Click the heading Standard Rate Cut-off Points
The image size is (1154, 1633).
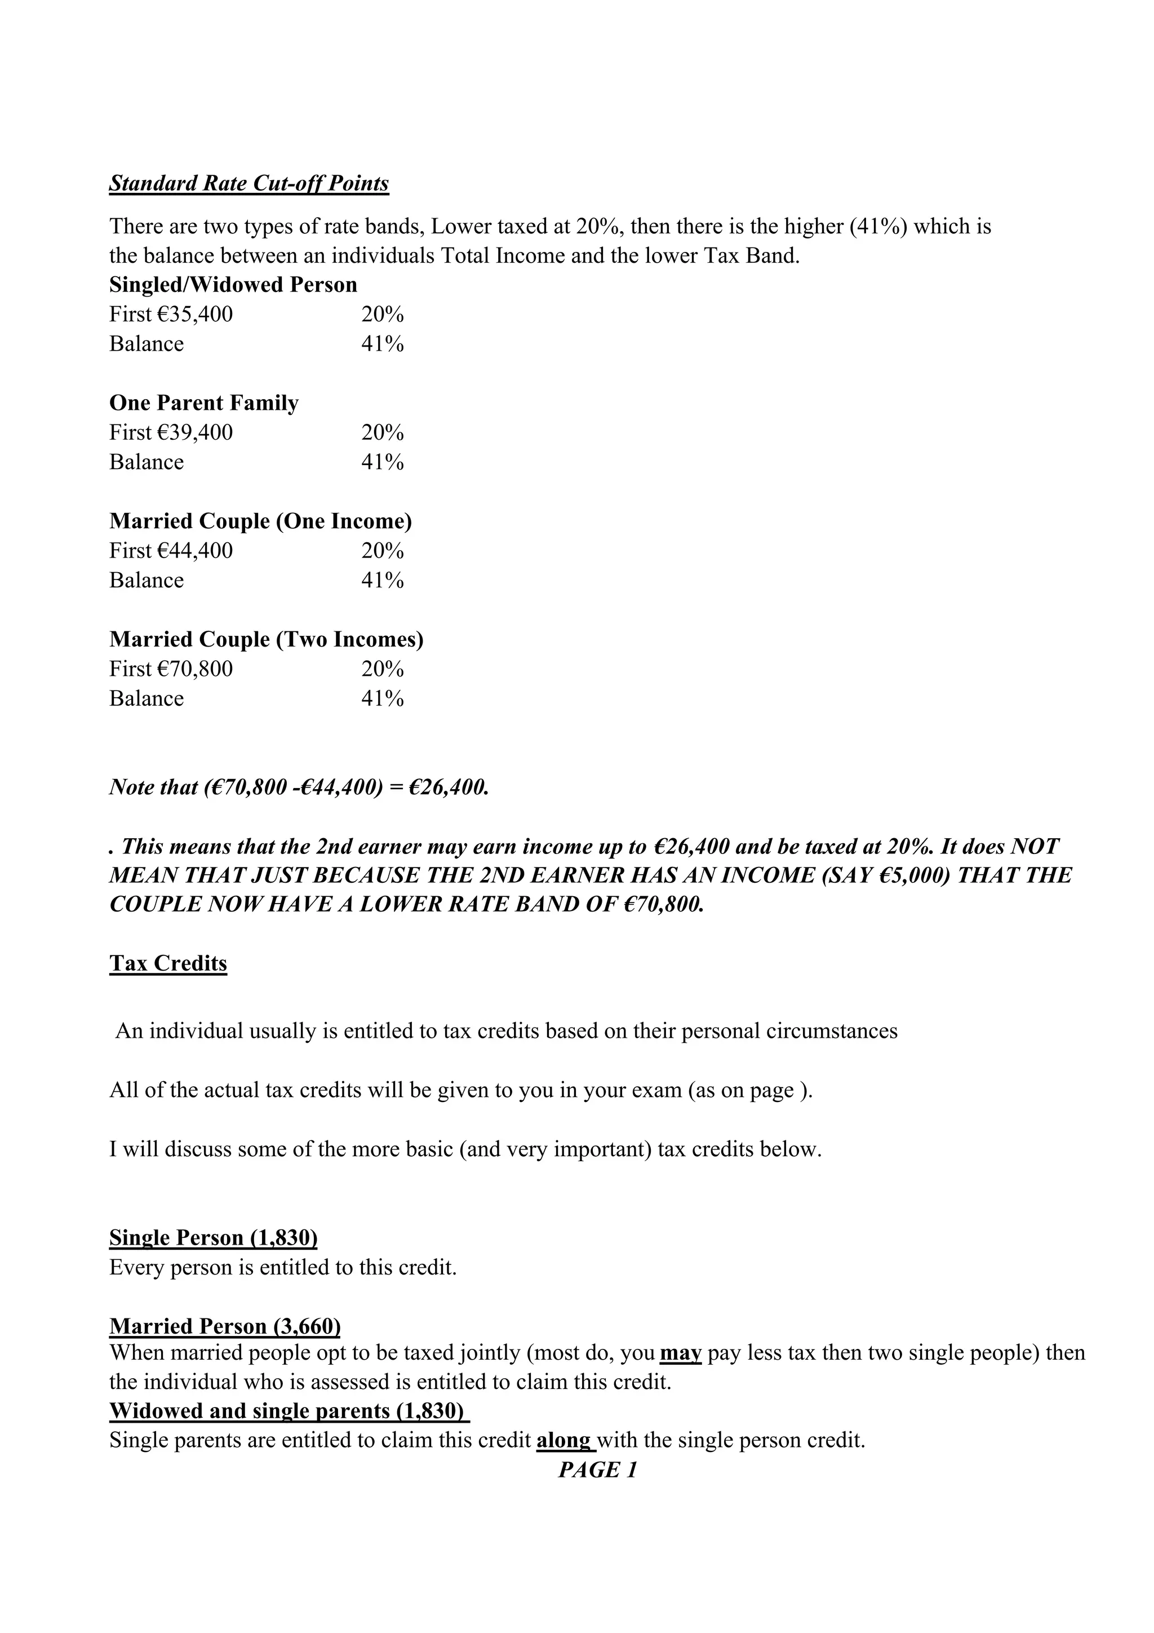pos(249,184)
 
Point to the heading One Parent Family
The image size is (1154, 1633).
pos(204,402)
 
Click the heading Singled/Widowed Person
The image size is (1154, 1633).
pos(233,285)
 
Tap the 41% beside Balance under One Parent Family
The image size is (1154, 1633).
pos(383,462)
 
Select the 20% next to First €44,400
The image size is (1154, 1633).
pos(383,551)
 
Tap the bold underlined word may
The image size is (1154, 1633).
pos(681,1352)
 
